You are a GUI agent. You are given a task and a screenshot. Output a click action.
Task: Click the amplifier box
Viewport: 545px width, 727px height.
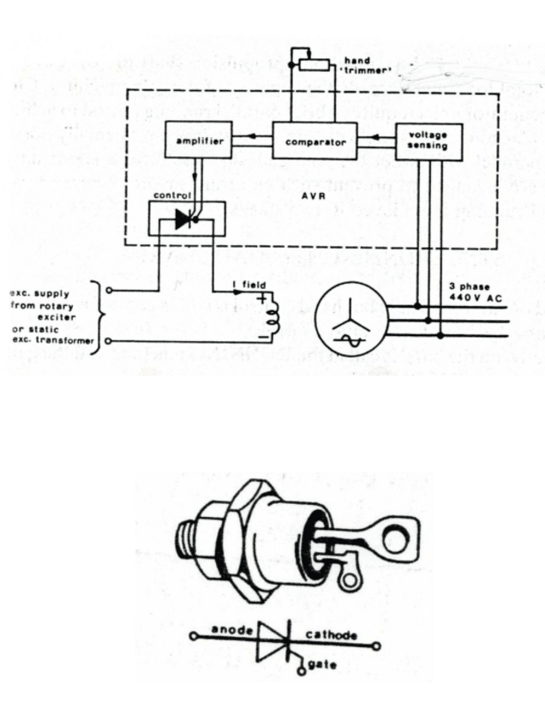click(198, 141)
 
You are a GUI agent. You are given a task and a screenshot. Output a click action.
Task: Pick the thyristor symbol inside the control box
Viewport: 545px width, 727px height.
click(182, 219)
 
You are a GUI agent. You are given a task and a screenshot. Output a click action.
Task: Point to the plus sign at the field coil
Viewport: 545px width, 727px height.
click(259, 299)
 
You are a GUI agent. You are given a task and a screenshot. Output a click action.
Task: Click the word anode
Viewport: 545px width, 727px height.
click(231, 630)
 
